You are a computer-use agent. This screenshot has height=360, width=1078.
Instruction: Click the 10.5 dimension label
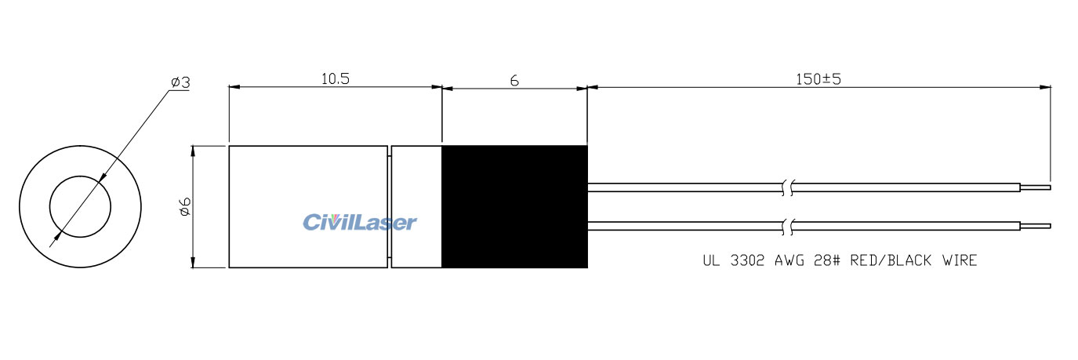(335, 78)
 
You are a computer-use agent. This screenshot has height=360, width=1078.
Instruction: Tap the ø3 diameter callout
(180, 82)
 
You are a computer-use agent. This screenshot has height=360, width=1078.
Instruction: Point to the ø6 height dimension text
(184, 206)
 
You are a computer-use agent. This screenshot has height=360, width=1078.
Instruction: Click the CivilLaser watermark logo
(360, 223)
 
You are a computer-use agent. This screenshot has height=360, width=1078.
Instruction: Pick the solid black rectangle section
(514, 206)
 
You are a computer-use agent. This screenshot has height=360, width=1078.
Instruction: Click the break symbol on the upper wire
(788, 187)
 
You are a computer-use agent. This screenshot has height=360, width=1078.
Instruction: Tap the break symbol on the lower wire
(788, 227)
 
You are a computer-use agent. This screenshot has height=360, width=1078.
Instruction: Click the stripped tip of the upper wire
(1035, 187)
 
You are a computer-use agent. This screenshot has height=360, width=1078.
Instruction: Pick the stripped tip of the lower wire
(1035, 227)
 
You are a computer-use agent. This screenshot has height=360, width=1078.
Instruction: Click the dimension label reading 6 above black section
(514, 80)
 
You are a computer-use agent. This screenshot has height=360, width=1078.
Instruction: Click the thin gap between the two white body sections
(389, 206)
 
